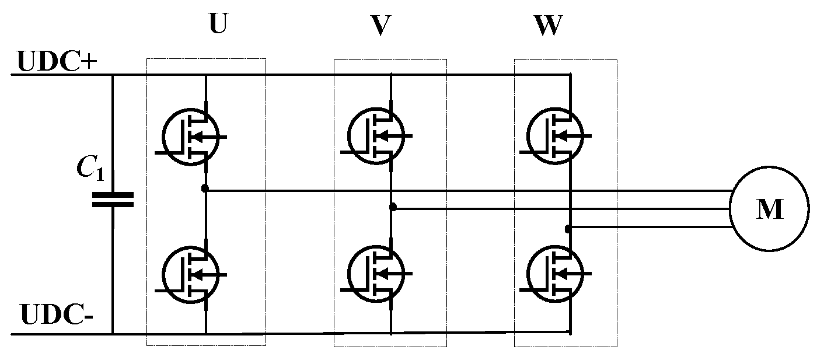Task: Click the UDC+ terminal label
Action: point(57,63)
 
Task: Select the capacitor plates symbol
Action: point(113,200)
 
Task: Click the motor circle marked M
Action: point(769,209)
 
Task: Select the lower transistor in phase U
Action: point(191,273)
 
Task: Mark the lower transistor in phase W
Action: point(555,273)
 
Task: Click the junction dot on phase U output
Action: point(204,188)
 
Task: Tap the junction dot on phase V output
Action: point(393,207)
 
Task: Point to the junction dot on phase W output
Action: point(568,229)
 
